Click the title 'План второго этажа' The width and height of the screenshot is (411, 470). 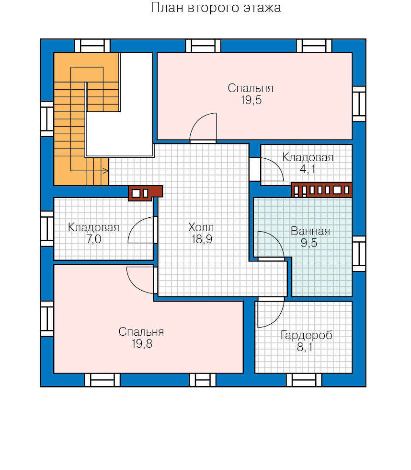point(216,8)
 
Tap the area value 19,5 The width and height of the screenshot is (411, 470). point(251,100)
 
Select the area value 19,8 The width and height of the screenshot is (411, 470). point(142,344)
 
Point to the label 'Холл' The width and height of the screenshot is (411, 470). point(201,227)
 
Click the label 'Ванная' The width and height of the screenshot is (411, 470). point(310,231)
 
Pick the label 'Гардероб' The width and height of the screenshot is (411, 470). point(307,335)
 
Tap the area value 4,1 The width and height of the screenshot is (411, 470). point(308,169)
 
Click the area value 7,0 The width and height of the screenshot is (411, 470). point(94,239)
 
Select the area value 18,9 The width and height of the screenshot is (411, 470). point(202,239)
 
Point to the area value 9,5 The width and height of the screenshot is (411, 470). point(309,243)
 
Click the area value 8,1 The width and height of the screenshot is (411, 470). point(305,347)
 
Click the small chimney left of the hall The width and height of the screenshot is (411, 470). point(146,193)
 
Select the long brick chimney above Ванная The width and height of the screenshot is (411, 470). point(321,190)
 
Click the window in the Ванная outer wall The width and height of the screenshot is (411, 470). point(359,254)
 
